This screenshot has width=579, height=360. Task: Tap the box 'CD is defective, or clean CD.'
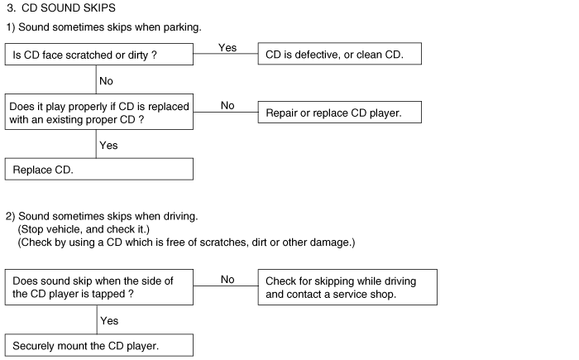coord(340,55)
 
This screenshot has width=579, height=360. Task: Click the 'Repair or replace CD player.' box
coord(340,113)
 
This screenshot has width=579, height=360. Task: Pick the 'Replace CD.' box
coord(99,170)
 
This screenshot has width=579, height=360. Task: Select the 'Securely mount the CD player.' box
coord(99,345)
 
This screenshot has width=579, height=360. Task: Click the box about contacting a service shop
coord(347,287)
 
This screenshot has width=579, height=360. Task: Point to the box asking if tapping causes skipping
coord(99,287)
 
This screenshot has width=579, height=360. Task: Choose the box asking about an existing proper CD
coord(99,113)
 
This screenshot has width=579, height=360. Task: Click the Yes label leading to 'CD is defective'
coord(227,48)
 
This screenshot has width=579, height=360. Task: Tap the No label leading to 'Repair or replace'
coord(227,106)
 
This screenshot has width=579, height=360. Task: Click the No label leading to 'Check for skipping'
coord(227,281)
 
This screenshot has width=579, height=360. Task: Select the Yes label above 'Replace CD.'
coord(108,146)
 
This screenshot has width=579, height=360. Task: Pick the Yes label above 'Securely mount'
coord(108,319)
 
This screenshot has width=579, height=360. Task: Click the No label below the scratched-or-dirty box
coord(106,81)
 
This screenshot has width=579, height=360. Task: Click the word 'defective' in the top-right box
coord(319,55)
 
